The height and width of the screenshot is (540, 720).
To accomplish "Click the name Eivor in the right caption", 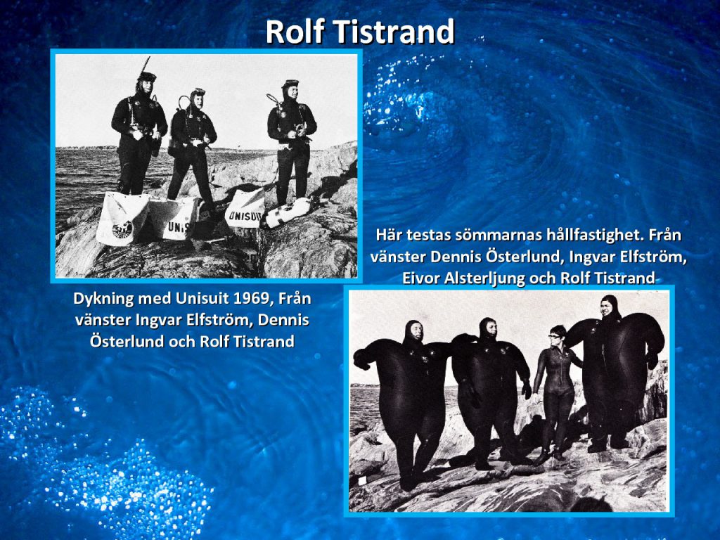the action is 420,278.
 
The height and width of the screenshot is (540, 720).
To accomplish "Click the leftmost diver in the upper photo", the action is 139,133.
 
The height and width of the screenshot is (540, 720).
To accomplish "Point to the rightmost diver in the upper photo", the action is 291,142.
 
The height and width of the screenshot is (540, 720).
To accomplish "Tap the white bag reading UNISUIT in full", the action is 245,208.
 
